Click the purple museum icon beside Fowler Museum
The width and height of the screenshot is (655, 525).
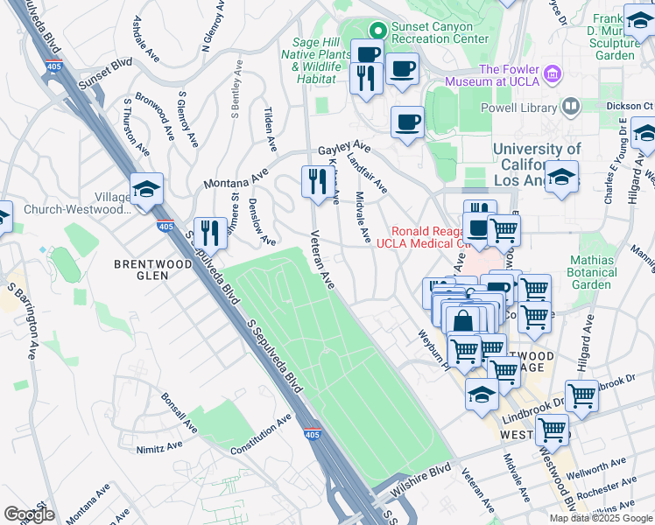pos(552,71)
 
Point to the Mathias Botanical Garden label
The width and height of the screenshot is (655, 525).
pos(603,272)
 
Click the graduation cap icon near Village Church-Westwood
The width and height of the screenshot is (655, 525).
pos(146,188)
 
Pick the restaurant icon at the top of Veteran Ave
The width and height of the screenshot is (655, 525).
pos(314,181)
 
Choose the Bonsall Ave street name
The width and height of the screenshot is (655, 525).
pos(179,411)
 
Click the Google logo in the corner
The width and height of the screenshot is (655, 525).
pos(28,514)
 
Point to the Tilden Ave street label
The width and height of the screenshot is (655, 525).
pos(270,128)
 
